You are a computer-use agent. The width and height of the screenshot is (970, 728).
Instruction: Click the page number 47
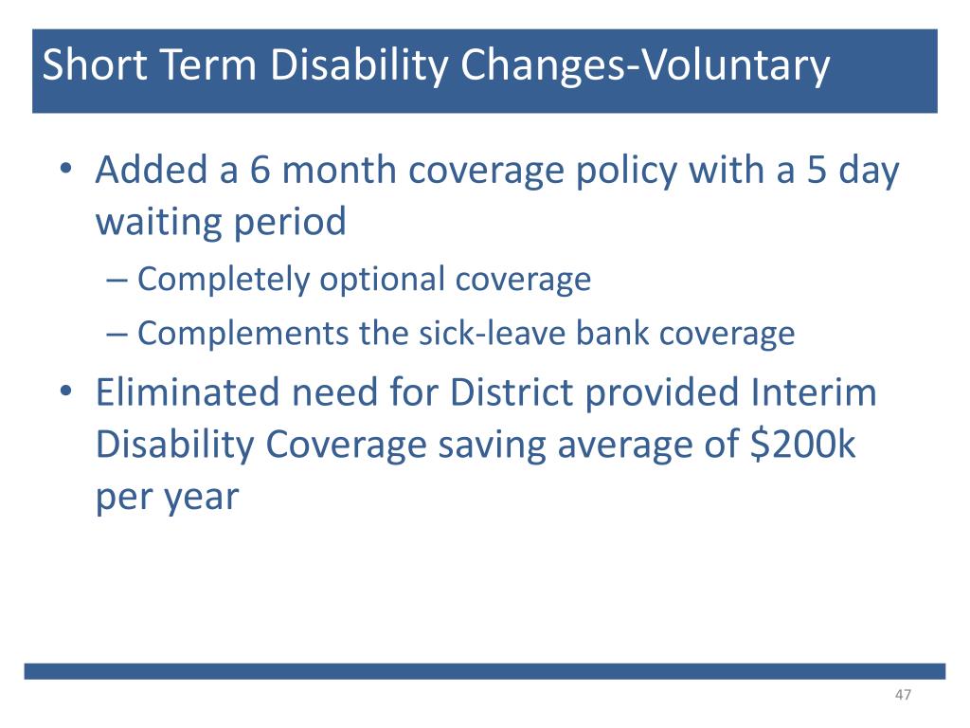[903, 695]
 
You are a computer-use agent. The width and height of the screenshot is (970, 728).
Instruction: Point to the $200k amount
[803, 444]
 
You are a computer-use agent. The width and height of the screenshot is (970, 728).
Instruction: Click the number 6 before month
[260, 170]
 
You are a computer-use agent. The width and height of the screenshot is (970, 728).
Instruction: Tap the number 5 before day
[817, 170]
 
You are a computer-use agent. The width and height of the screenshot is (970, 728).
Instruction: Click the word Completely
[223, 280]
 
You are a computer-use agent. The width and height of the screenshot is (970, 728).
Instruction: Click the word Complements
[242, 335]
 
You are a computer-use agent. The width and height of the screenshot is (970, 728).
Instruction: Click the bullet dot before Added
[66, 169]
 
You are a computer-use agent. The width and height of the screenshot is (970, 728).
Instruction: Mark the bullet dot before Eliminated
[66, 391]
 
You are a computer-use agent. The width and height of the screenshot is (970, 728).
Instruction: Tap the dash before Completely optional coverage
[117, 281]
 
